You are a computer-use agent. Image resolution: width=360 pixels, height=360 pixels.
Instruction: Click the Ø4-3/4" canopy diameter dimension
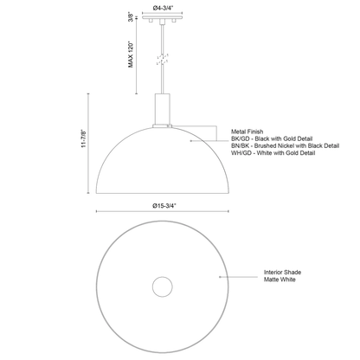(x=163, y=9)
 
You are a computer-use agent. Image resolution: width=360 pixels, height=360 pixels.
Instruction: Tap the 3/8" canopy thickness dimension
(x=132, y=17)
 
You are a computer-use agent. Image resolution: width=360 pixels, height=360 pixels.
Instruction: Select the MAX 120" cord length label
(x=131, y=55)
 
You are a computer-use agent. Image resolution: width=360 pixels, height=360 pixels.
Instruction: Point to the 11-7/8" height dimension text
(x=84, y=138)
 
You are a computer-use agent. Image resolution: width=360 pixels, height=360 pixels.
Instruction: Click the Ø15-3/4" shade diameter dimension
(x=164, y=206)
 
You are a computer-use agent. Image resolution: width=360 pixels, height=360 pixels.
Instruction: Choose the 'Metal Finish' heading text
(x=247, y=132)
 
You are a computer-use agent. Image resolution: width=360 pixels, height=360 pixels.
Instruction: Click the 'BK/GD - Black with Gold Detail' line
(x=272, y=138)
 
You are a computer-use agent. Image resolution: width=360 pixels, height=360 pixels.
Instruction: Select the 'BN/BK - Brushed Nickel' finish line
(x=285, y=145)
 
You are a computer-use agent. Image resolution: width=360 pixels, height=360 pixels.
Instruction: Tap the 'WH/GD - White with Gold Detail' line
(x=273, y=153)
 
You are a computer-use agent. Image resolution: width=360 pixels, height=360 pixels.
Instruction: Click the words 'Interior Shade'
(x=282, y=273)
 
